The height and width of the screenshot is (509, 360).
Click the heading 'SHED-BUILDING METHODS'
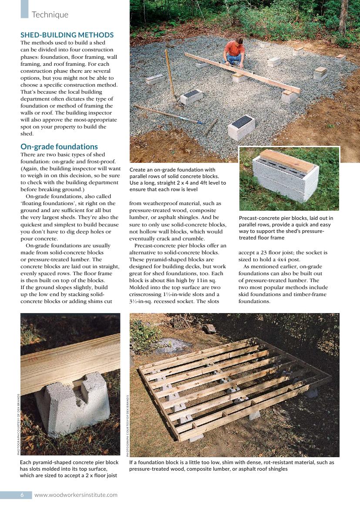tap(67, 35)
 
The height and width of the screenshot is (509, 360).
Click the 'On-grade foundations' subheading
tap(59, 147)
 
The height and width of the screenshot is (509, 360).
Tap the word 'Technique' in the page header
tap(50, 15)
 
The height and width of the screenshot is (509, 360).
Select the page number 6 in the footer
tap(22, 495)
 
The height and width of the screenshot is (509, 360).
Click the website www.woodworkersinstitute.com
tap(76, 495)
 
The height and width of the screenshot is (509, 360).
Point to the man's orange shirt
tap(233, 49)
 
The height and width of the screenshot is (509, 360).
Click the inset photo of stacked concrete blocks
tap(289, 179)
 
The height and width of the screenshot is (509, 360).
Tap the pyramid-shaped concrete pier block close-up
tap(74, 401)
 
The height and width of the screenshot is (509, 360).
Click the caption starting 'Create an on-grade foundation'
tap(178, 179)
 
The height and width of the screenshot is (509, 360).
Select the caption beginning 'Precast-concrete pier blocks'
tap(286, 228)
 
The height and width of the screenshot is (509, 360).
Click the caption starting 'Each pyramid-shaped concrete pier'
tap(69, 469)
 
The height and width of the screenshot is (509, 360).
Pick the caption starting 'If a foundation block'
tap(232, 465)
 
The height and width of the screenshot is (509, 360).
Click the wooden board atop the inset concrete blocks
tap(287, 160)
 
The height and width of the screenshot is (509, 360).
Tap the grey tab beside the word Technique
tap(24, 9)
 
